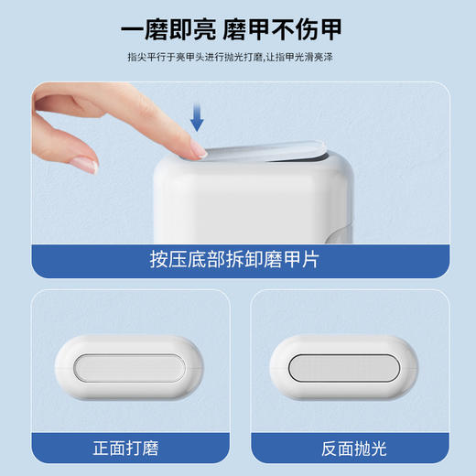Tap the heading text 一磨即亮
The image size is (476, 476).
pos(168,28)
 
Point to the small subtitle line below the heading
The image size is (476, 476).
pos(238,57)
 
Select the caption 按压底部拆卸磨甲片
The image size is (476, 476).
pos(237,258)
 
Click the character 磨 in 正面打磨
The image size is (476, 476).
pos(153,449)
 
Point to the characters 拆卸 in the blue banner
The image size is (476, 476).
pos(247,258)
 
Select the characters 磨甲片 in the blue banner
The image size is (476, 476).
pos(297,258)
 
